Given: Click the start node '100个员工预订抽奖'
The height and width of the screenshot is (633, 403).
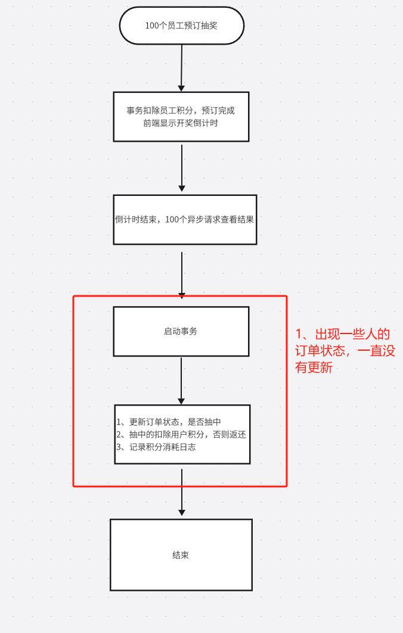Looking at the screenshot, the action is click(181, 26).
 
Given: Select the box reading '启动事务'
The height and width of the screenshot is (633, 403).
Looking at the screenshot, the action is click(181, 332).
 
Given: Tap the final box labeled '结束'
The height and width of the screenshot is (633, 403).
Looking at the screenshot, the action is click(181, 554).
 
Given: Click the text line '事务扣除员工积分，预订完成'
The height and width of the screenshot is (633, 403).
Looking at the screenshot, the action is click(181, 111).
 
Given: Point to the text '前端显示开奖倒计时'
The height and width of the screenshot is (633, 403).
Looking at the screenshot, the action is click(181, 123).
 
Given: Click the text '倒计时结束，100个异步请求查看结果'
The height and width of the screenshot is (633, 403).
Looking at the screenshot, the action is click(184, 219).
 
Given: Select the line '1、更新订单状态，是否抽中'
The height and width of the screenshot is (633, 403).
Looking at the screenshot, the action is click(169, 422).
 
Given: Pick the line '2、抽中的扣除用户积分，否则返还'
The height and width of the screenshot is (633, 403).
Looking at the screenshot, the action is click(181, 434).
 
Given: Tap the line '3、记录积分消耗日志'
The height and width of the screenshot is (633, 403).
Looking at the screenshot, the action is click(156, 447).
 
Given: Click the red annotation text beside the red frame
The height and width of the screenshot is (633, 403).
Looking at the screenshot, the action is click(345, 350).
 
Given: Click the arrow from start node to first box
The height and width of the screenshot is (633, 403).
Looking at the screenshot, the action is click(181, 68).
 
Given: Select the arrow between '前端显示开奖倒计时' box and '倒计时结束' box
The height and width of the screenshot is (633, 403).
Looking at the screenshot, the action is click(182, 168).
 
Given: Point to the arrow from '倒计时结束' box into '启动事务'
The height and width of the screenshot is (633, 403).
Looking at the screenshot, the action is click(182, 275).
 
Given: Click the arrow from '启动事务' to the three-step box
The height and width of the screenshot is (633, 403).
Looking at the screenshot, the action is click(181, 381).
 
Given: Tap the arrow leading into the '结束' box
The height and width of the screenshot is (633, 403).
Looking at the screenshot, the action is click(182, 492).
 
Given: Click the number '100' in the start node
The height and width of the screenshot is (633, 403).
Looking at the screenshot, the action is click(152, 26).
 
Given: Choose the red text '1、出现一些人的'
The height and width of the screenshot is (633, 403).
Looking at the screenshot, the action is click(343, 334).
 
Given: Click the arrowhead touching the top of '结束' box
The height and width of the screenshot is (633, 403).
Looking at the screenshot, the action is click(182, 513).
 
